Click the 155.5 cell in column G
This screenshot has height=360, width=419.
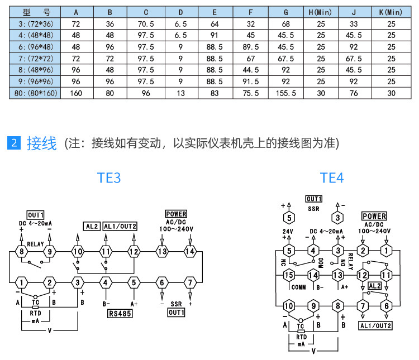coord(285,93)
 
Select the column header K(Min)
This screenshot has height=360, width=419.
coord(391,12)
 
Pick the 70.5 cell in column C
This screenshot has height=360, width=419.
coord(145,23)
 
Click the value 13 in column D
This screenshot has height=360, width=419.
coord(180,93)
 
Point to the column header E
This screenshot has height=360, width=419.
coord(215,12)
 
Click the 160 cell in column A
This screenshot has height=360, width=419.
coord(76,93)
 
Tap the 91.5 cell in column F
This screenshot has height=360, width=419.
coord(250,81)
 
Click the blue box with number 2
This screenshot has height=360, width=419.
coord(15,143)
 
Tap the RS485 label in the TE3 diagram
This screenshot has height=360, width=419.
coord(120,313)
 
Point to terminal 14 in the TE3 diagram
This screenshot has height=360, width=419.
coord(190,252)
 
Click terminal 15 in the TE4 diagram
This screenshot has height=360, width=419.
coord(289,275)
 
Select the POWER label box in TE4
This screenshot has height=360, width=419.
coord(374,216)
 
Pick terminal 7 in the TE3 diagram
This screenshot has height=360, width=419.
coord(190,282)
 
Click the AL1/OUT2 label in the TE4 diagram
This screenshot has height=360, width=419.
coord(375,326)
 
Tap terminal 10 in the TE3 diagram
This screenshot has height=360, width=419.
coord(78,252)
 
